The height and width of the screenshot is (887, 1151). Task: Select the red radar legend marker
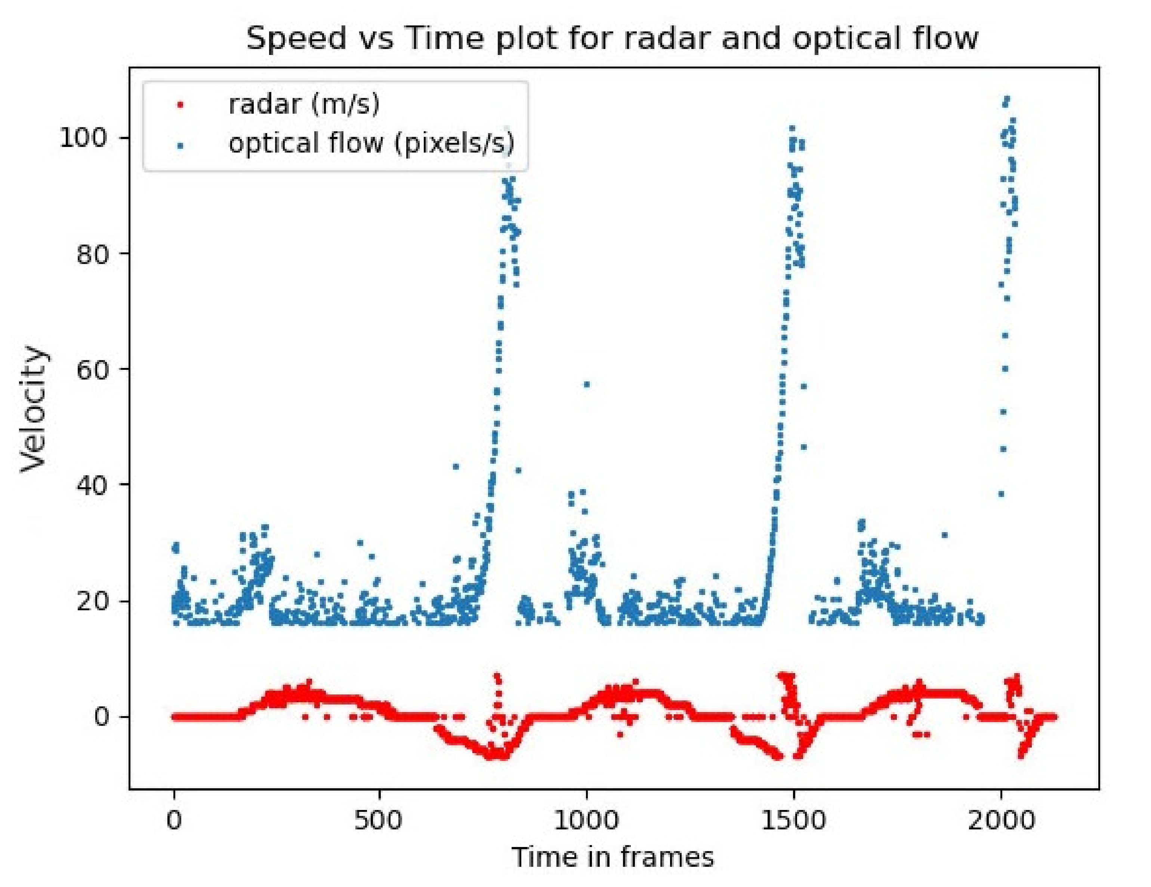[x=180, y=105]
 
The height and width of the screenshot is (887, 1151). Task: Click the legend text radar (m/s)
[x=303, y=104]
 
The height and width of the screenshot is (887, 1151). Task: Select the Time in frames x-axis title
[x=613, y=857]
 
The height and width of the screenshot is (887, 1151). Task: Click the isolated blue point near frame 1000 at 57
[x=587, y=384]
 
